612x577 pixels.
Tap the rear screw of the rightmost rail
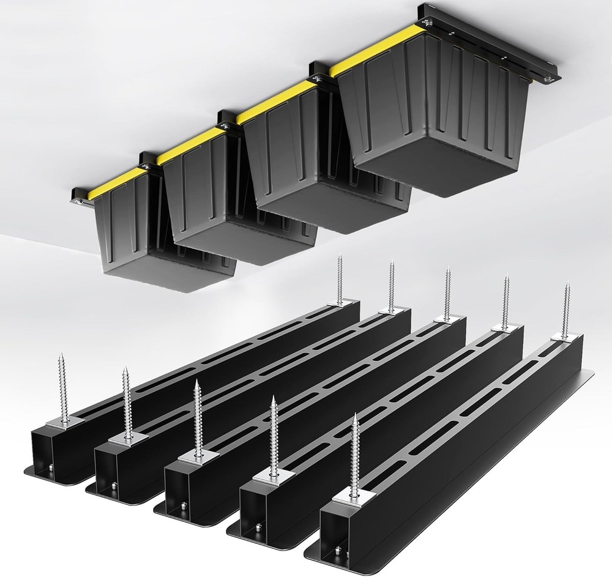pos(566,309)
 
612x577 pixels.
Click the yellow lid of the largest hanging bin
pos(379,51)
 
